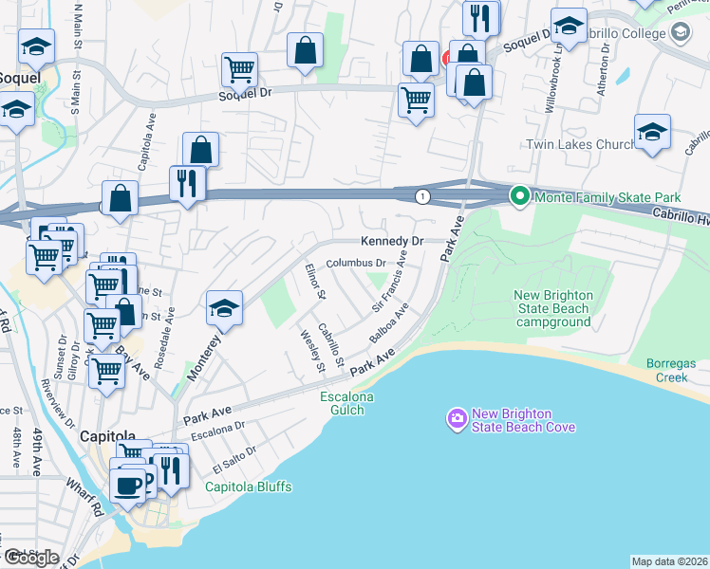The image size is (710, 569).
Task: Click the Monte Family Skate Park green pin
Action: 519,197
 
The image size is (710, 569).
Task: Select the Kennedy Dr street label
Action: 390,242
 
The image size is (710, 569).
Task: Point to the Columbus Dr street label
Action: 356,263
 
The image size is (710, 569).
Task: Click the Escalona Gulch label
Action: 346,401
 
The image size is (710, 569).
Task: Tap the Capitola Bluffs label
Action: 249,487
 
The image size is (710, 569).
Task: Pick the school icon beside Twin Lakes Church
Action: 652,133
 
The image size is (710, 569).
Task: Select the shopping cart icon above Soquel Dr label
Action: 239,68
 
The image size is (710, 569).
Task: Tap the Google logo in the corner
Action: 30,558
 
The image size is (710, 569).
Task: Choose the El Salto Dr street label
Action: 234,460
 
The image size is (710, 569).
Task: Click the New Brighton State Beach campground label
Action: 554,308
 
